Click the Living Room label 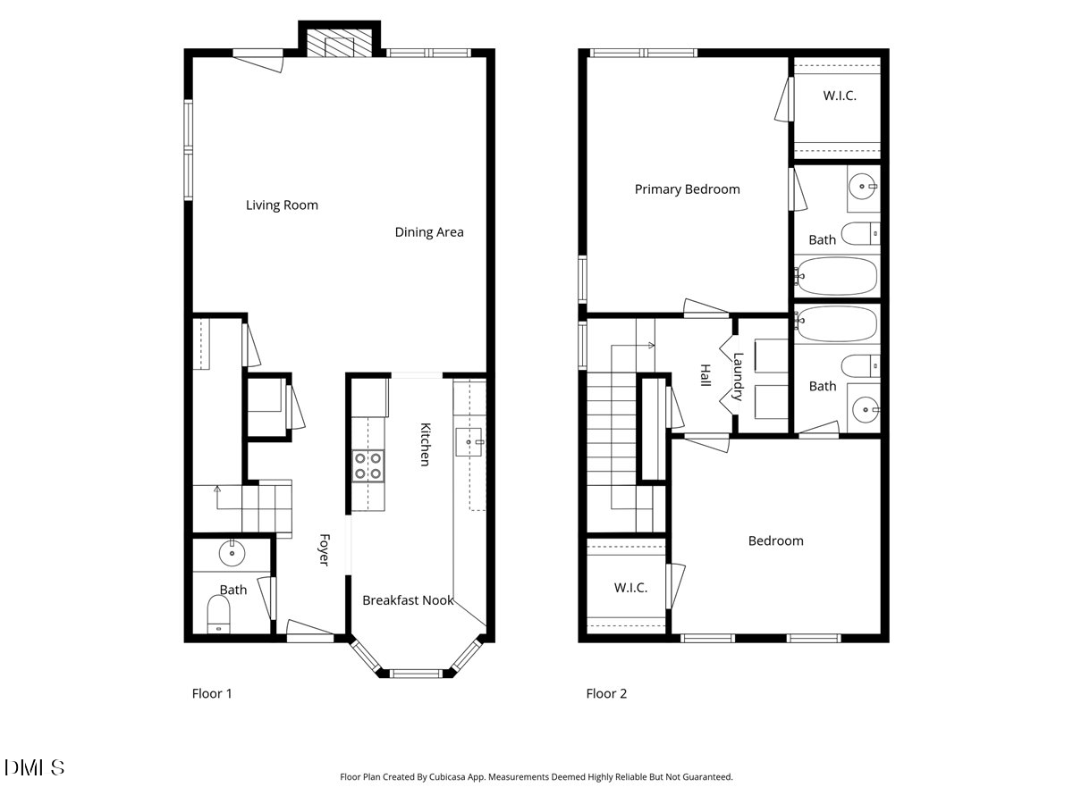282,205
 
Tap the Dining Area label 429,232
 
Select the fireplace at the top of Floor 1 339,43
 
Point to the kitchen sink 469,440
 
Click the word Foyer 325,549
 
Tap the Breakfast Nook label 408,600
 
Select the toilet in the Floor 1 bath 219,615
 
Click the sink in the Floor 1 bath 232,554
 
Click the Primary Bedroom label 687,189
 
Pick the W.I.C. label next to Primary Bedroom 839,96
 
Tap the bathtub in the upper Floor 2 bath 838,277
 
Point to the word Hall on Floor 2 705,375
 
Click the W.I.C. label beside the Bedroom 630,588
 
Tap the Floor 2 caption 606,693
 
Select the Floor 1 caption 212,693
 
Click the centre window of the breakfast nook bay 418,673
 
